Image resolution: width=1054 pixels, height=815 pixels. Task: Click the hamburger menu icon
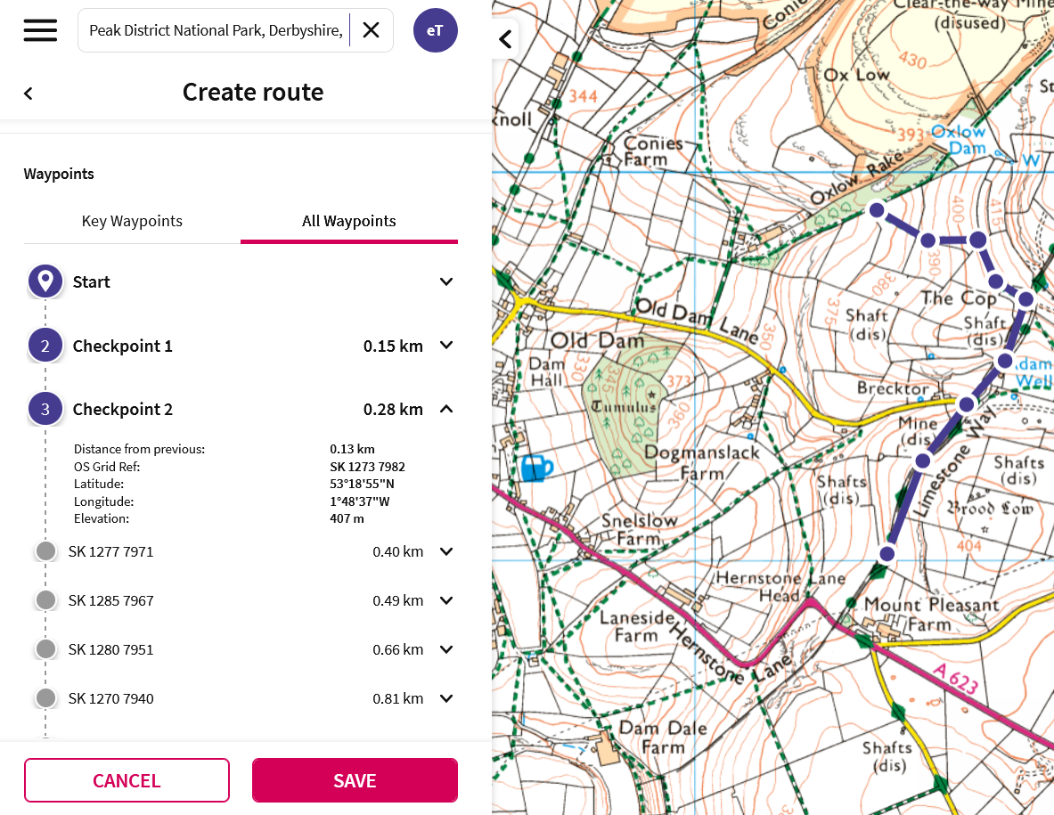tap(40, 30)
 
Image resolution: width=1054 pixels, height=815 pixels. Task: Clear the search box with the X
tap(371, 30)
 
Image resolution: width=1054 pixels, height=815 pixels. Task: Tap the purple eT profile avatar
tap(435, 30)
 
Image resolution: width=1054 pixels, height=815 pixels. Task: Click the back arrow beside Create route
tap(29, 94)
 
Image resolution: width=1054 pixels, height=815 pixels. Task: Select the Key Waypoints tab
tap(132, 221)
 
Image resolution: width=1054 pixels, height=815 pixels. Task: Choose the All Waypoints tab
tap(348, 221)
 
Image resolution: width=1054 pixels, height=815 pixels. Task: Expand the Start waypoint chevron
tap(446, 281)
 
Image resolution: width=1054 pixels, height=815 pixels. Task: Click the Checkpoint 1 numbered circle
tap(45, 346)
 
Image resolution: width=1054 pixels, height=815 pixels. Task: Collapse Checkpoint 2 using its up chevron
tap(446, 410)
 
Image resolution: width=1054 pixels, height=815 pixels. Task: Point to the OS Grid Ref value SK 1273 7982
tap(367, 467)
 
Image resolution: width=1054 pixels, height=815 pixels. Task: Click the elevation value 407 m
tap(347, 518)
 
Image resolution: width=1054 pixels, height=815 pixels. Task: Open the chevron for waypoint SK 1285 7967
tap(446, 600)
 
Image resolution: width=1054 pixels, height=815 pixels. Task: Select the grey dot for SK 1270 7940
tap(46, 698)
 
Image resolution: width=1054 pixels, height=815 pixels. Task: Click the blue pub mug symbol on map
tap(536, 467)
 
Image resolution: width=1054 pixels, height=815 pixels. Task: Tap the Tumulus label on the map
tap(623, 406)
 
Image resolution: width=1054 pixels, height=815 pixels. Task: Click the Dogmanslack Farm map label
tap(701, 462)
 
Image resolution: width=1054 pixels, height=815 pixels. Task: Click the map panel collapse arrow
tap(505, 39)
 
